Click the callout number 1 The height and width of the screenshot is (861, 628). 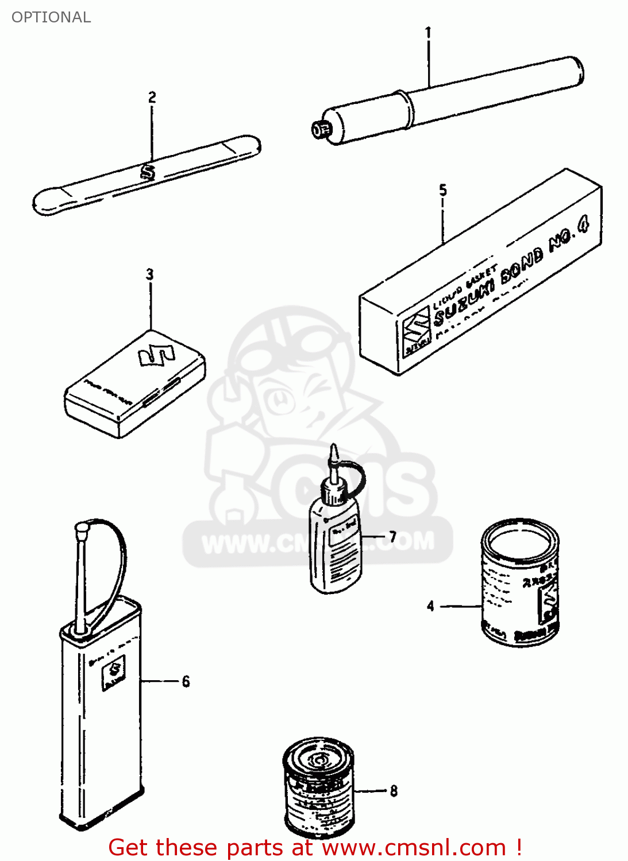(x=427, y=33)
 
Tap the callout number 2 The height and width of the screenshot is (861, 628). (x=152, y=97)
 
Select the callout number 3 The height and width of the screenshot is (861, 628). (x=150, y=274)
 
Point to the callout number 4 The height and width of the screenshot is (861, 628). (x=430, y=606)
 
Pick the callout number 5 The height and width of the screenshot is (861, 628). (x=442, y=190)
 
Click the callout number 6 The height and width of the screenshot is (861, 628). (x=186, y=681)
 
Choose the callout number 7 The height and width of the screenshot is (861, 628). (x=393, y=537)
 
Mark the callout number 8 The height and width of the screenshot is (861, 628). (x=394, y=791)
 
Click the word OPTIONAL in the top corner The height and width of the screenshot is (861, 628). (x=51, y=17)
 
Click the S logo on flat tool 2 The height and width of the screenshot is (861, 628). (x=148, y=172)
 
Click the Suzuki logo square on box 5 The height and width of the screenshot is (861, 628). (x=415, y=332)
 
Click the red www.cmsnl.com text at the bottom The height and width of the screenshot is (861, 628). (x=414, y=848)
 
